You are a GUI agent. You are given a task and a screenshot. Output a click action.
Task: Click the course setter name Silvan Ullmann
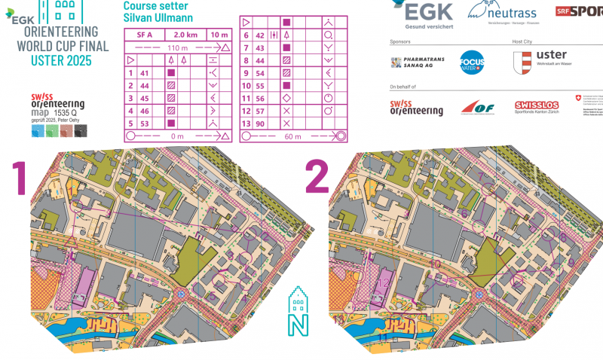coord(152,18)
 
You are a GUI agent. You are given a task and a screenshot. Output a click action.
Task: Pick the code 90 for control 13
coord(260,123)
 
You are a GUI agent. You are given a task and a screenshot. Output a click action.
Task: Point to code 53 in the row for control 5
coord(145,123)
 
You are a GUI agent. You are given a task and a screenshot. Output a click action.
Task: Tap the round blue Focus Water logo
coord(472,63)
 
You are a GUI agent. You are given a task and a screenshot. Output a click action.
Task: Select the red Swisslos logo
coord(536,108)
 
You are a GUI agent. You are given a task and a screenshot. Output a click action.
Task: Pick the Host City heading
coord(522,42)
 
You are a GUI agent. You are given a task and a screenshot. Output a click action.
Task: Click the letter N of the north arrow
coord(296,326)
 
